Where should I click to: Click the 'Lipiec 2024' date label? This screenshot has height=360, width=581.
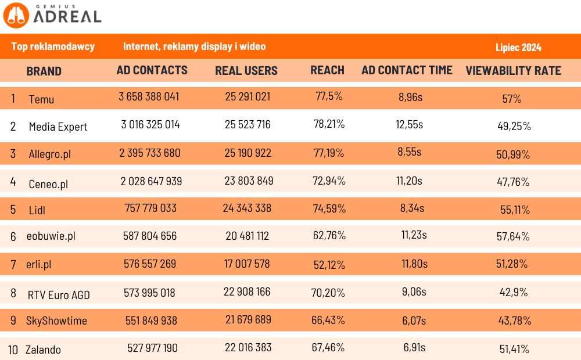point(518,48)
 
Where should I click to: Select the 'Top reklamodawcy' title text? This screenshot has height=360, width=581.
point(53,46)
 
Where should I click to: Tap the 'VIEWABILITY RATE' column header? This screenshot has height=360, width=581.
point(513,71)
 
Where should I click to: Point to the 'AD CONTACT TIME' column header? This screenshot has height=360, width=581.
point(407,70)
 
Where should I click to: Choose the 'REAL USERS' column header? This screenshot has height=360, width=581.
point(246,71)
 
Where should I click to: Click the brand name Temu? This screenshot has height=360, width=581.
point(41,99)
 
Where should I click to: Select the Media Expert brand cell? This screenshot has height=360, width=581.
point(58,127)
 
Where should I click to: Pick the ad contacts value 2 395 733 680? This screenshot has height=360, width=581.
point(150,153)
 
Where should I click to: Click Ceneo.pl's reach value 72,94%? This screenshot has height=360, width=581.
point(329,181)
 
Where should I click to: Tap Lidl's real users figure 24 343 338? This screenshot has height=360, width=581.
point(248,208)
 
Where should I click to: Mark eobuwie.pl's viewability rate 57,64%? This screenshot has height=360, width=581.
point(514,236)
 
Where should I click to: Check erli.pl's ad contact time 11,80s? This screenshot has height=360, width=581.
point(414,264)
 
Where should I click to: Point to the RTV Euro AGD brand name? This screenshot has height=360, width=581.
point(59,294)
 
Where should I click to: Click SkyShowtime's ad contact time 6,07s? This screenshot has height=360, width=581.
point(414,320)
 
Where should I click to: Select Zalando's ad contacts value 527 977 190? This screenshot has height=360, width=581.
point(152,348)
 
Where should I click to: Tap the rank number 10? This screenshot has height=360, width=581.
point(13,349)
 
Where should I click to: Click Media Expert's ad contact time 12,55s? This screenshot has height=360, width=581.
point(410,124)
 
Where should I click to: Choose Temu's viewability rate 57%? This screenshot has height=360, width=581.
point(512,99)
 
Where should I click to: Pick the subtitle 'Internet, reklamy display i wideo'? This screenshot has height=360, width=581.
point(194,46)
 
